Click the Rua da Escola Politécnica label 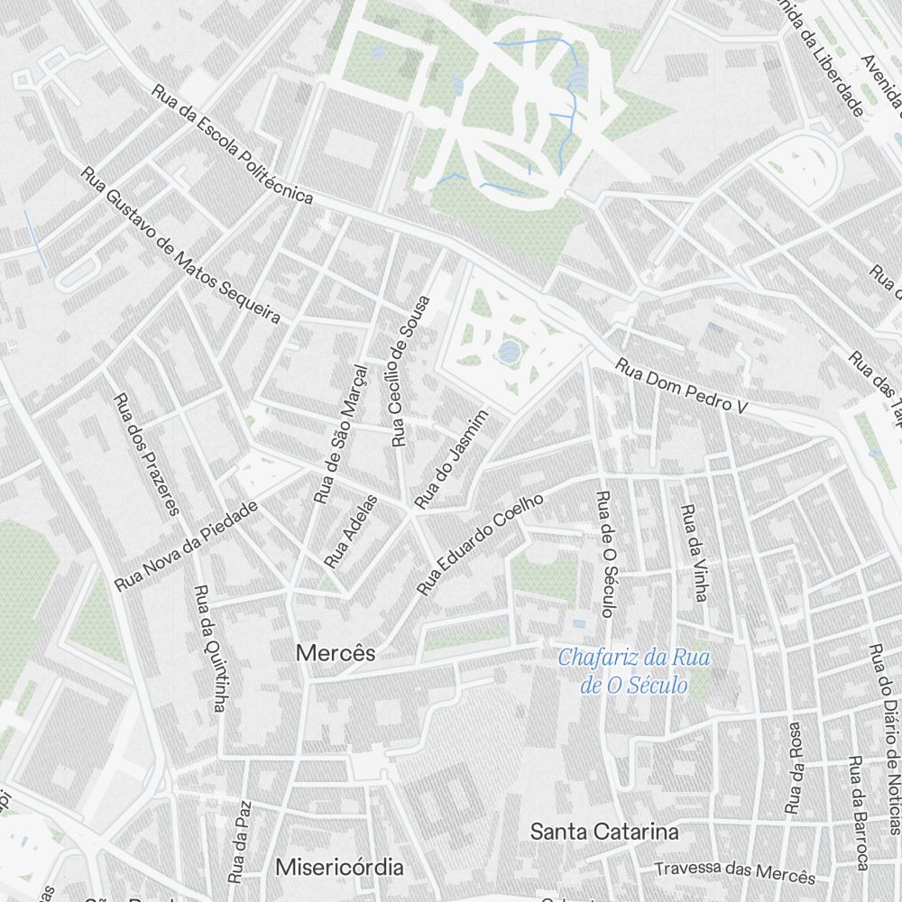click(232, 145)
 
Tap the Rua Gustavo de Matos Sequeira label click(180, 244)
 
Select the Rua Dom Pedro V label click(683, 387)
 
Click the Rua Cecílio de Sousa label click(410, 371)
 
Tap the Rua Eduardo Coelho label click(480, 545)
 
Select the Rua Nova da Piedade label click(187, 547)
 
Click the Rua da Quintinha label click(208, 649)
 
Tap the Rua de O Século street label click(605, 554)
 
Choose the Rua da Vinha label click(693, 553)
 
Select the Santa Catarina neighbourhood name click(603, 831)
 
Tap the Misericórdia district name click(339, 868)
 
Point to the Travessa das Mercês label click(734, 872)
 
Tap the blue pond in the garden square click(510, 351)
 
